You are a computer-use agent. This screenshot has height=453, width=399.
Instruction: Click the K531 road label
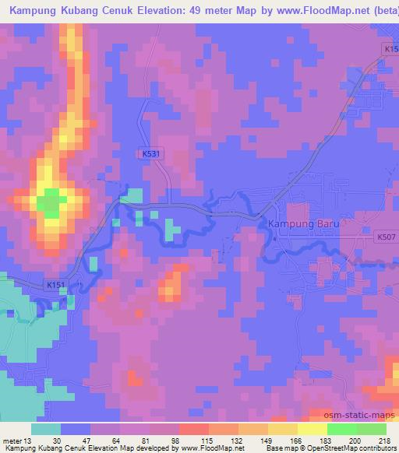pos(151,154)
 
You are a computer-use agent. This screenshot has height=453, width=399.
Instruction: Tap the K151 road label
pos(54,286)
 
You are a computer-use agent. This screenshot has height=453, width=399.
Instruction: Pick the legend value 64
pos(115,440)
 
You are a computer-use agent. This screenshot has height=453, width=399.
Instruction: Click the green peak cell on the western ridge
pos(51,205)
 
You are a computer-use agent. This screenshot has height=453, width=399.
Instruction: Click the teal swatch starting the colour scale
pos(46,429)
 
